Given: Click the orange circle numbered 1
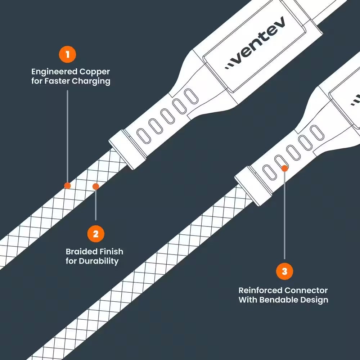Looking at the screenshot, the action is [x=67, y=54].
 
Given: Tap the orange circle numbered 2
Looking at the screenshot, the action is [x=96, y=234].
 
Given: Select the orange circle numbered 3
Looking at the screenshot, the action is [x=284, y=271].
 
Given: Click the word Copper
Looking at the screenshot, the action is [x=95, y=72].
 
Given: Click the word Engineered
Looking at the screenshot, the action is [x=54, y=72].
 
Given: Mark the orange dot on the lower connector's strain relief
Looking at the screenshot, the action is [x=284, y=168].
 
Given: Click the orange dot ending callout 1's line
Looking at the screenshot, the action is [x=67, y=185].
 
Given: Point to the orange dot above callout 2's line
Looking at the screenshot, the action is [x=96, y=186].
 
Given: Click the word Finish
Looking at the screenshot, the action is [x=112, y=252].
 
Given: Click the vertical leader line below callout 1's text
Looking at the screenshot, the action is [x=67, y=136].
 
